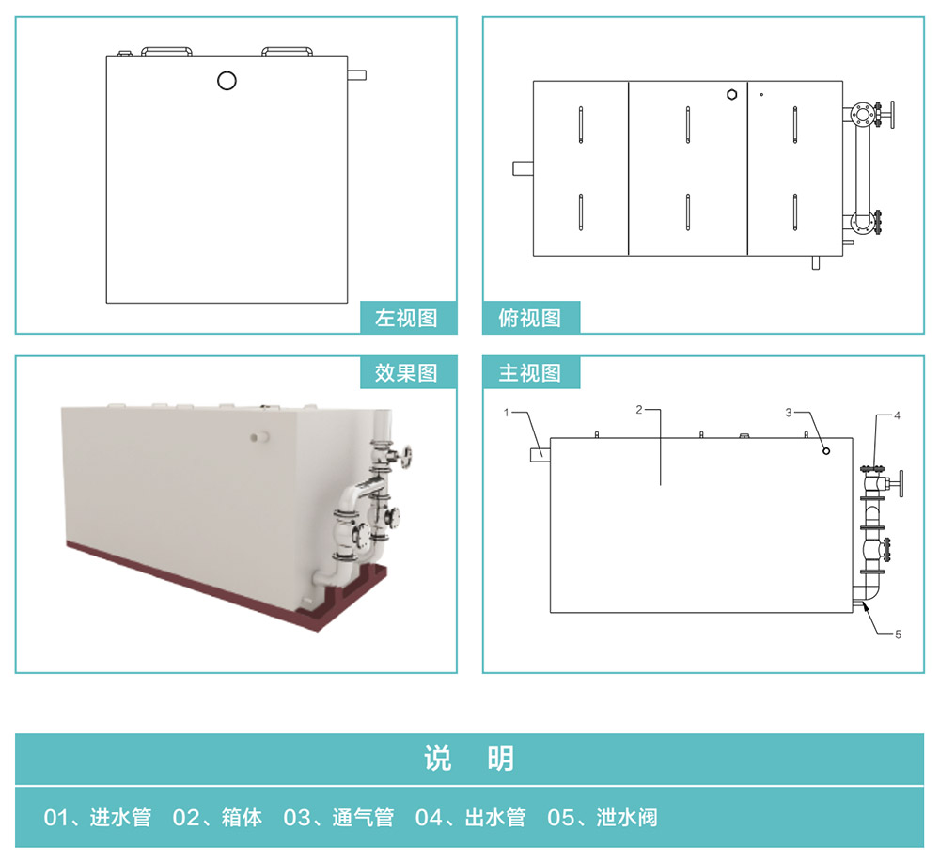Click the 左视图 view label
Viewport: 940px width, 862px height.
click(x=406, y=318)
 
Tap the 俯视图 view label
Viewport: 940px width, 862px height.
click(x=530, y=318)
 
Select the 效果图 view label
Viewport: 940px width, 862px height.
click(x=406, y=373)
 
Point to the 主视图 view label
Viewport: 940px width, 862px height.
click(x=530, y=373)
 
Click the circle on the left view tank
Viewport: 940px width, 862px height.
click(x=227, y=80)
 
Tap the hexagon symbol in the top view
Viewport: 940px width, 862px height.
click(x=732, y=95)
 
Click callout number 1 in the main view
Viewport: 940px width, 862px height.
click(x=507, y=413)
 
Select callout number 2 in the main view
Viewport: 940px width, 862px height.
click(x=639, y=410)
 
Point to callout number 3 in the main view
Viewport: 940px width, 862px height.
click(x=789, y=413)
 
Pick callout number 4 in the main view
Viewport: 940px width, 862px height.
click(x=897, y=415)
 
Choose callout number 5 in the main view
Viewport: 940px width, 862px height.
click(x=898, y=634)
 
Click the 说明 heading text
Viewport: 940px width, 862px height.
click(x=469, y=759)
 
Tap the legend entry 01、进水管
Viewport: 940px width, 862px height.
click(x=97, y=818)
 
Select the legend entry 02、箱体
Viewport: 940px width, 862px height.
click(x=217, y=818)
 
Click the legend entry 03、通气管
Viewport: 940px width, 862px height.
click(x=338, y=818)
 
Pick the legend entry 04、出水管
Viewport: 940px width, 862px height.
click(x=471, y=818)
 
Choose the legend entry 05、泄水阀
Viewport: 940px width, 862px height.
click(x=603, y=818)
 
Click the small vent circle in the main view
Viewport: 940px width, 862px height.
click(x=826, y=451)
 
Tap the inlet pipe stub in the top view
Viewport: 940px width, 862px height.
click(x=523, y=168)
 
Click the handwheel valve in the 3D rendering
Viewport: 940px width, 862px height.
click(x=406, y=457)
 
